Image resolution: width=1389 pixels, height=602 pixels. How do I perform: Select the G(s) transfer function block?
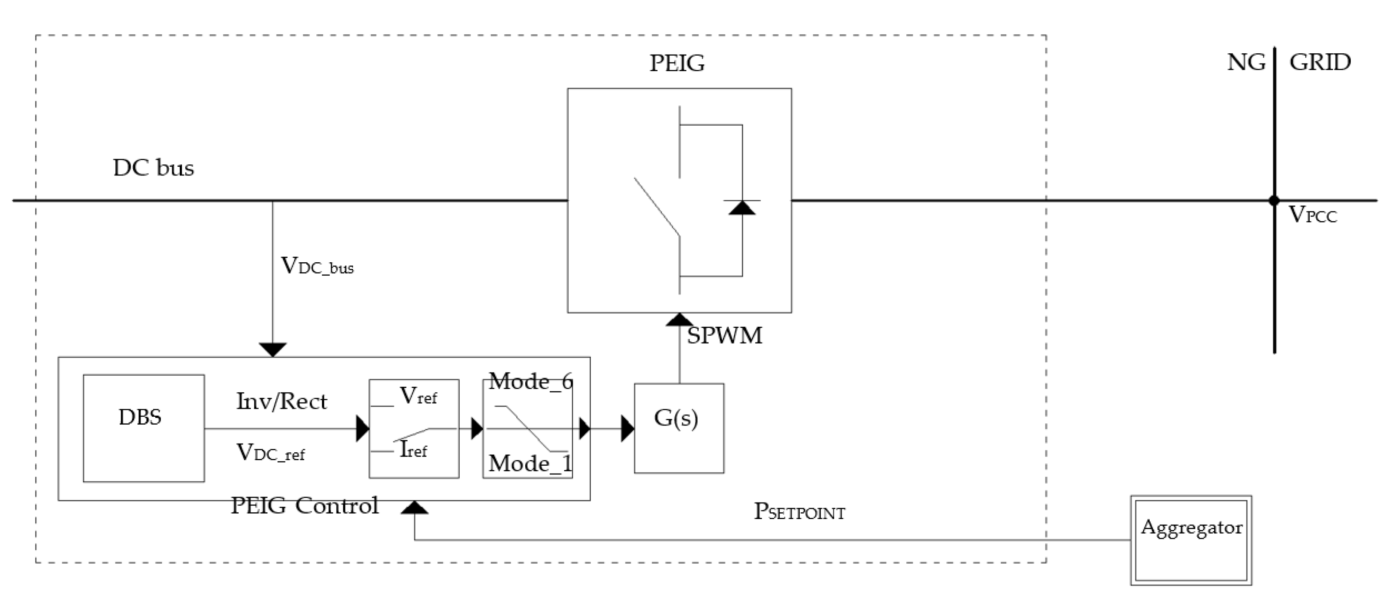point(679,428)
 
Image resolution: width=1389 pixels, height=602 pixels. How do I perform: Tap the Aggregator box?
point(1191,540)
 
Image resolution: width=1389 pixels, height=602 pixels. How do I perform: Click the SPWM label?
point(725,335)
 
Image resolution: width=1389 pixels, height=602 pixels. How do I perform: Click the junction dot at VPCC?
point(1274,201)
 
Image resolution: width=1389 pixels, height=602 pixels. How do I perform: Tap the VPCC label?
point(1313,215)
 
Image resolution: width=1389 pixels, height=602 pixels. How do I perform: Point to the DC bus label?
point(154,168)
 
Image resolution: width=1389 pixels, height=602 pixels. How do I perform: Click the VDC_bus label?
point(318,266)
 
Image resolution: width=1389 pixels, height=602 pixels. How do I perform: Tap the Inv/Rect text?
point(282,401)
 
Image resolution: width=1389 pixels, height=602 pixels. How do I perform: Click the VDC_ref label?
point(271,453)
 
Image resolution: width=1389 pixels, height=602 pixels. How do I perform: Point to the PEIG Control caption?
point(304,506)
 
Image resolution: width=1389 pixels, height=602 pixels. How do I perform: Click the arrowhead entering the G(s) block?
point(628,429)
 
